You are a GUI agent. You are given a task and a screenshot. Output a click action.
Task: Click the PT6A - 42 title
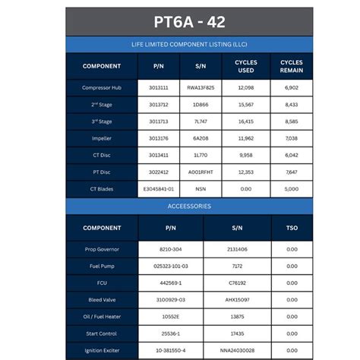pos(179,22)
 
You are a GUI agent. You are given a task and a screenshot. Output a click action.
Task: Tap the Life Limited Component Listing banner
pos(179,45)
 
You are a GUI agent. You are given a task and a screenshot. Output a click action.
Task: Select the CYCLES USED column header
pos(245,66)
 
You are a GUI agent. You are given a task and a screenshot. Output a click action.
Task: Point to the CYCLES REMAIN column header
pos(292,66)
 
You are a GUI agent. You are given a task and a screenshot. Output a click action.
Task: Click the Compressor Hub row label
pos(102,88)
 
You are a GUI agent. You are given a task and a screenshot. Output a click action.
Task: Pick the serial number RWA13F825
pos(201,88)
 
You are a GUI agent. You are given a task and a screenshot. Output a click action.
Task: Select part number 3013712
pos(159,105)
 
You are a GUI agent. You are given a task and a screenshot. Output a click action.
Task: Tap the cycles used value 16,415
pos(245,122)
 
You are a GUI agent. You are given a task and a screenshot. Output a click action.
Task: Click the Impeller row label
pos(102,139)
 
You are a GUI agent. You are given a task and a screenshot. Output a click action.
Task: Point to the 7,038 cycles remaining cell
pos(292,139)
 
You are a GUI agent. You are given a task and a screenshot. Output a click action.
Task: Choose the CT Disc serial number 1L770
pos(201,155)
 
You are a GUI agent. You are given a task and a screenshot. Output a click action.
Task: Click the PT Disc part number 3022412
pos(159,172)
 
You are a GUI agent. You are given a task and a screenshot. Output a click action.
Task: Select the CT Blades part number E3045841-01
pos(159,189)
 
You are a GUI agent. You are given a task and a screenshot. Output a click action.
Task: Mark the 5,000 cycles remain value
pos(292,189)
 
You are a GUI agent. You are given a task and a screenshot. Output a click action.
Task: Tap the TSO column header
pos(292,228)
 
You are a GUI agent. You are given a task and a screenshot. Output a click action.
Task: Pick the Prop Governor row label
pos(102,249)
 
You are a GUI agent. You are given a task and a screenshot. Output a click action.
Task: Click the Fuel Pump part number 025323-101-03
pos(170,266)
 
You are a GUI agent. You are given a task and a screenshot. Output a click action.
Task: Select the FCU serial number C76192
pos(237,283)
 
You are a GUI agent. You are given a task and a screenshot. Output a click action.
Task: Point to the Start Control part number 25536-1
pos(170,333)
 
